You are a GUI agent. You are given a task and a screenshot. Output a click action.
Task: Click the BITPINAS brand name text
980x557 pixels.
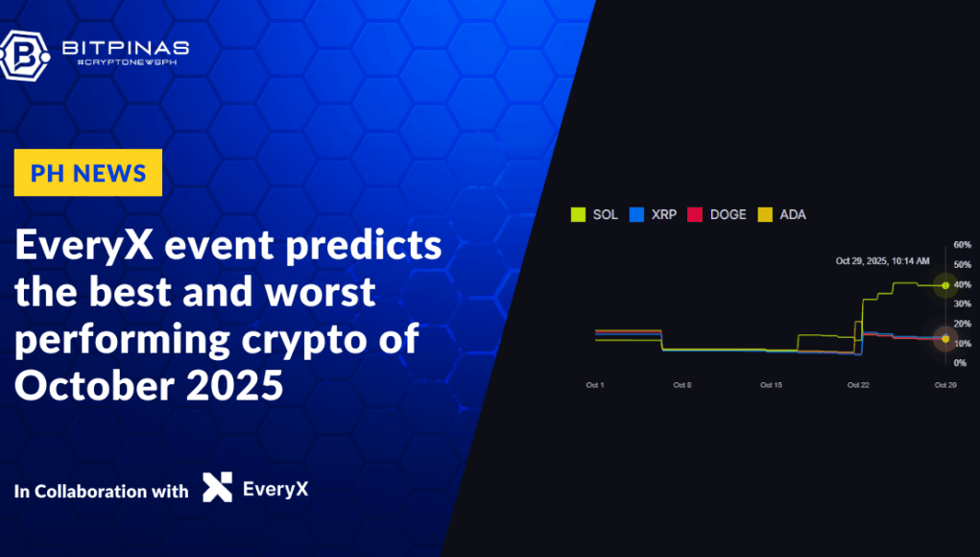pyautogui.click(x=125, y=47)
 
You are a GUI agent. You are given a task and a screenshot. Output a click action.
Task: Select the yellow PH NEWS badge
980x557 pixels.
pyautogui.click(x=88, y=173)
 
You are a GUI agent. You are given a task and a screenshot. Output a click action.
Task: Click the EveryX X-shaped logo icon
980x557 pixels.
pyautogui.click(x=217, y=488)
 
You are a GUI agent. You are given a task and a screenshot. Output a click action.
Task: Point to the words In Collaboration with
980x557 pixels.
pyautogui.click(x=102, y=491)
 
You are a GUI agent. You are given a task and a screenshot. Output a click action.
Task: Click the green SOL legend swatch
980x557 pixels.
pyautogui.click(x=578, y=214)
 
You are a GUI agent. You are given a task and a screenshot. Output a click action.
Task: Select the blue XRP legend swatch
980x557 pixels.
pyautogui.click(x=635, y=214)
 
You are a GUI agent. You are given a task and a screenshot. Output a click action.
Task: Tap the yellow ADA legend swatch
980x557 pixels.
pyautogui.click(x=765, y=214)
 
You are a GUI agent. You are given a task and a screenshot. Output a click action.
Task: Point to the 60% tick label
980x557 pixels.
pyautogui.click(x=961, y=245)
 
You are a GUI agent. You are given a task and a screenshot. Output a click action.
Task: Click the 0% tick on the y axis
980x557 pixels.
pyautogui.click(x=959, y=362)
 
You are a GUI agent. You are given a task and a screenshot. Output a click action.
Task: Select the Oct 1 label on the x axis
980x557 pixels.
pyautogui.click(x=594, y=384)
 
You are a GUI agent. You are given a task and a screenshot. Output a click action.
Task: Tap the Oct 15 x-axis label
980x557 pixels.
pyautogui.click(x=771, y=384)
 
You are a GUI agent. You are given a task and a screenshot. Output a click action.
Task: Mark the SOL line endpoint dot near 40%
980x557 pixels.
pyautogui.click(x=945, y=285)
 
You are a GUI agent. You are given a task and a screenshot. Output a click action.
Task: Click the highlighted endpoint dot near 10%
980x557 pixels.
pyautogui.click(x=945, y=339)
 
